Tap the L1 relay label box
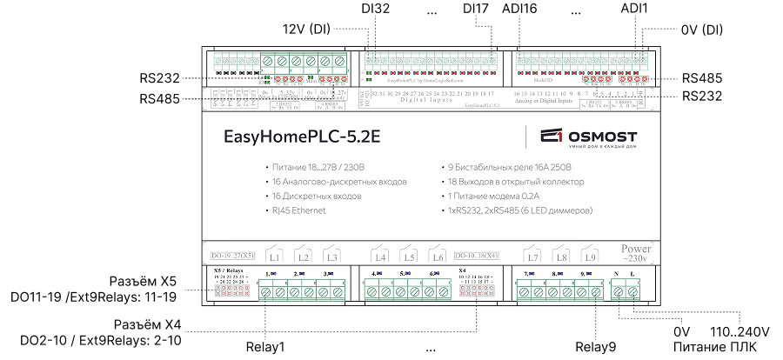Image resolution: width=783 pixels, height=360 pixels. pos(275,257)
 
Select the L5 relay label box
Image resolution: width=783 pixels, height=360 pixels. pos(409,257)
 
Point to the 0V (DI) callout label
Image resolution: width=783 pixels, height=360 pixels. pos(700,29)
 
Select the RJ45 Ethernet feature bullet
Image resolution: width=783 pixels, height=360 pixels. pos(298,211)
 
